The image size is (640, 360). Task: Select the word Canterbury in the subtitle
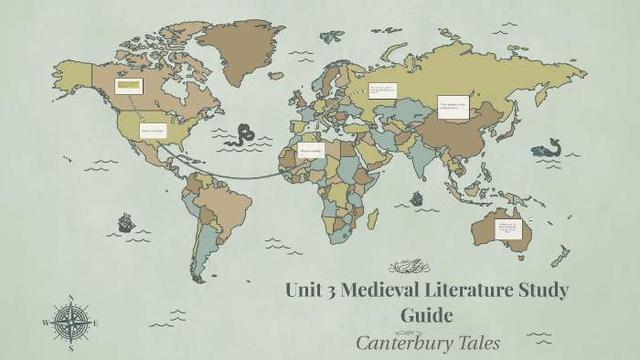[401, 343]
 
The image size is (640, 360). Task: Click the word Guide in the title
[426, 316]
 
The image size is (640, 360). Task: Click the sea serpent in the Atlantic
[244, 135]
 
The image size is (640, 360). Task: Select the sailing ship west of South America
[125, 221]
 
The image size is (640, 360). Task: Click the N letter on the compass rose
[71, 297]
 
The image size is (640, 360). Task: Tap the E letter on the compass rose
[96, 323]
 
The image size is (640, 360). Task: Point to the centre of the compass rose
[71, 323]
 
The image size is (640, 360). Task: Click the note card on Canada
[127, 87]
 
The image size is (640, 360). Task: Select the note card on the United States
[154, 131]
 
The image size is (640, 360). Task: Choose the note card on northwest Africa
[310, 150]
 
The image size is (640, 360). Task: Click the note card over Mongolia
[453, 108]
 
